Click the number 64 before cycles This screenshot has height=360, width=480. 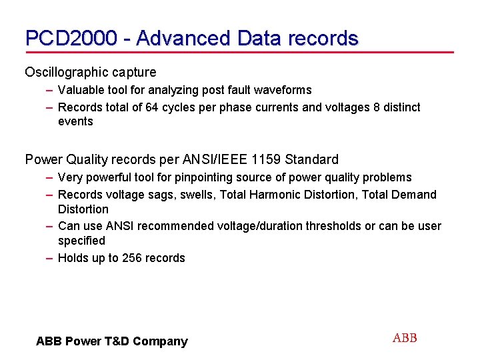145,107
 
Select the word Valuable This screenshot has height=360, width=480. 79,90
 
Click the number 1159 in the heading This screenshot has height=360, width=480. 265,159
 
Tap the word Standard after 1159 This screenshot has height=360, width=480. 312,159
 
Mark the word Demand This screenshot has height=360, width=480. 415,195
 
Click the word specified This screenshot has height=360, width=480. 81,240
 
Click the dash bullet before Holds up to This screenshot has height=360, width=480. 50,258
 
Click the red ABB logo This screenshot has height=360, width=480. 405,338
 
